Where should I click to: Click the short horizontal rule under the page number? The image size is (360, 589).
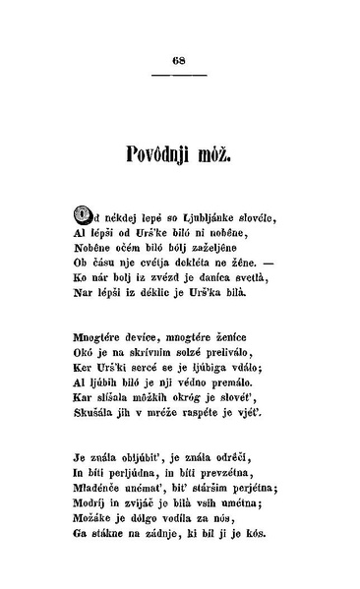pyautogui.click(x=179, y=75)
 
